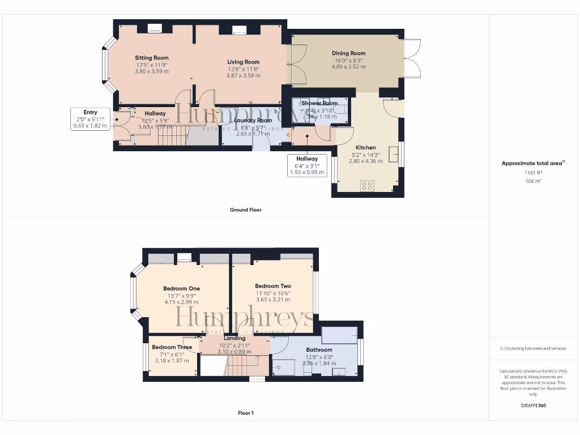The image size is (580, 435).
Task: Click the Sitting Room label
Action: point(151,58)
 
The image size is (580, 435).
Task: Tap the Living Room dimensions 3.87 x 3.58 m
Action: point(244,75)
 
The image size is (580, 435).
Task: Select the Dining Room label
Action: point(348,53)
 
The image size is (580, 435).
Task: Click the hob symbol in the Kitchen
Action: point(367,185)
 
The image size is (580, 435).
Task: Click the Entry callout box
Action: point(89,119)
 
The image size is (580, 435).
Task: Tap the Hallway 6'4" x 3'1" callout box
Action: point(307,165)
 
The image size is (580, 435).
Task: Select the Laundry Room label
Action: point(253,120)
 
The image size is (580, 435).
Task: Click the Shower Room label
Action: point(319,103)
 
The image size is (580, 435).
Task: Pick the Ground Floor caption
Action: point(245,210)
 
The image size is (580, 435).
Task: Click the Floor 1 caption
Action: point(245,413)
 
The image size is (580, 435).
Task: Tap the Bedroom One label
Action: point(181,288)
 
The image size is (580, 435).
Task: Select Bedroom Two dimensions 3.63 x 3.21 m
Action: point(273,300)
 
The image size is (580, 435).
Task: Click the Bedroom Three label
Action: point(172,347)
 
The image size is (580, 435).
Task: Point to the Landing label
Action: point(234,338)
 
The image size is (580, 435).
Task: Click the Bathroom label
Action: point(319,350)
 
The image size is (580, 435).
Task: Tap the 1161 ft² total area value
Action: point(532,173)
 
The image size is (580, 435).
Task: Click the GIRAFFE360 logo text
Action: point(532,406)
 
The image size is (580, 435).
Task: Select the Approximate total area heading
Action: point(532,163)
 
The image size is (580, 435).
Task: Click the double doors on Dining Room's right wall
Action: point(413,58)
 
